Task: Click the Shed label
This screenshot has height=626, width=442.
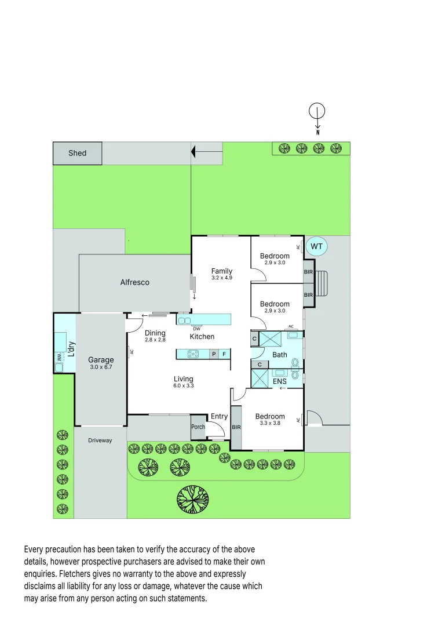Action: (x=77, y=153)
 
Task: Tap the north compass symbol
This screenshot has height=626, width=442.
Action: (x=317, y=111)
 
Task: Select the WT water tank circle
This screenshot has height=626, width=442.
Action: (x=316, y=246)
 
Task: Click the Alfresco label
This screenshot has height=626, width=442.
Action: (x=134, y=282)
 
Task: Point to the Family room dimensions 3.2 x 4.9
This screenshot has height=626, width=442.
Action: (x=221, y=278)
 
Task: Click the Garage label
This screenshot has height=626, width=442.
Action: (x=100, y=360)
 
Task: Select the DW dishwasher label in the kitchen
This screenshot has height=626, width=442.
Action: (x=196, y=329)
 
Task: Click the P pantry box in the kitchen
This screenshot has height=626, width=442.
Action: (x=214, y=354)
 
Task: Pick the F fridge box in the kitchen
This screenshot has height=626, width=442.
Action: (x=225, y=354)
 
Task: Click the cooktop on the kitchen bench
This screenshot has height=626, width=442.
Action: (x=193, y=354)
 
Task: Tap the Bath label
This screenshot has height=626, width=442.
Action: (x=280, y=355)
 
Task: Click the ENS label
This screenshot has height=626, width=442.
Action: (x=280, y=381)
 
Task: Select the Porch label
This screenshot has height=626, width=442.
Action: (x=198, y=427)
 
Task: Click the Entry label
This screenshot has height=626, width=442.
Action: (x=219, y=416)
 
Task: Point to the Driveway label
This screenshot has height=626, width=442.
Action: (x=100, y=441)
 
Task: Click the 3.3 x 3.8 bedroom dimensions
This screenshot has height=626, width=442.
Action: (x=270, y=423)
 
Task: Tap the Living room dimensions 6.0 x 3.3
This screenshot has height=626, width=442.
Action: (x=183, y=386)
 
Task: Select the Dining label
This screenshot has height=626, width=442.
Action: (x=155, y=333)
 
